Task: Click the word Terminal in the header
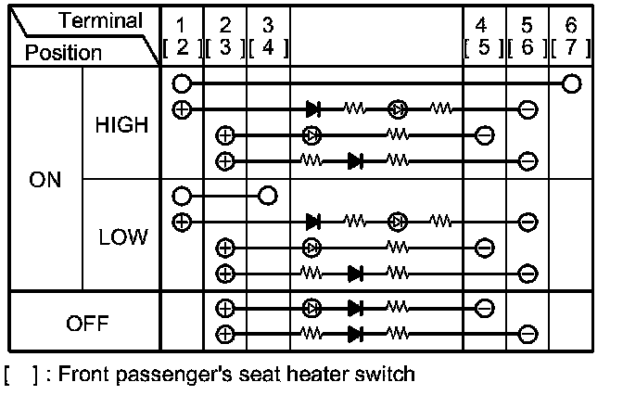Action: coord(101,20)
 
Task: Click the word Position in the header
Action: coord(64,53)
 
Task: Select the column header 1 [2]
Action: coord(182,35)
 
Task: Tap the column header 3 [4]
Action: coord(268,35)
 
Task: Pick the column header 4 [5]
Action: coord(484,35)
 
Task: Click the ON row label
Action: coord(45,180)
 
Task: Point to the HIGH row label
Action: coord(121,125)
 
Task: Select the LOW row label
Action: coord(121,237)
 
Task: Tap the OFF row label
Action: coord(88,324)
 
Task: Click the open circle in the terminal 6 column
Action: coord(572,84)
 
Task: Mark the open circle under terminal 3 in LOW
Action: coord(268,196)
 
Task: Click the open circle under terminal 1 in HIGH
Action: coord(182,84)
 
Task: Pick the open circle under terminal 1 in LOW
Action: coord(182,196)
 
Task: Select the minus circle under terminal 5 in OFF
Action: coord(527,333)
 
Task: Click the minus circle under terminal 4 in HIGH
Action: coord(484,135)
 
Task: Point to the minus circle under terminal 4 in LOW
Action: coord(484,248)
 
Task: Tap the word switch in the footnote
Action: coord(384,376)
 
